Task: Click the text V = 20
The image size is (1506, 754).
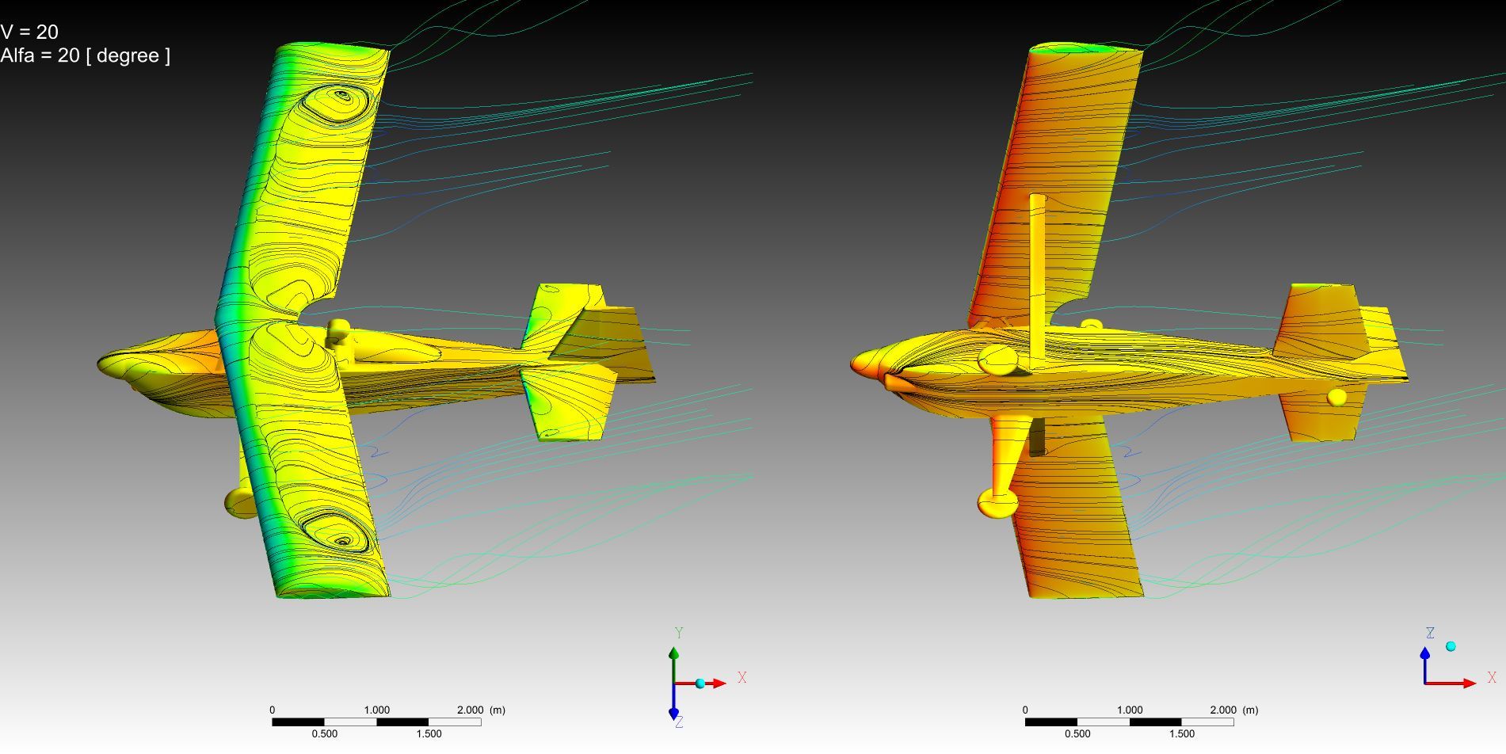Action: click(29, 32)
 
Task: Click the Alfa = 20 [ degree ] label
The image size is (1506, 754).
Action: click(85, 55)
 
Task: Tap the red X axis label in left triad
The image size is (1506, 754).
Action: click(742, 678)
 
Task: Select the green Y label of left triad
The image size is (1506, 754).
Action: click(679, 633)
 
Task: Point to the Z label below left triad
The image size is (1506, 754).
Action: click(680, 722)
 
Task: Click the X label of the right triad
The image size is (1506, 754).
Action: click(1492, 678)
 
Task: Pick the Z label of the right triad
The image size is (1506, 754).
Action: click(1430, 634)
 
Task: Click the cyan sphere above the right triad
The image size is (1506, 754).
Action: click(1451, 646)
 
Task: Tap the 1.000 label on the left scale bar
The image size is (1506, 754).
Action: click(376, 710)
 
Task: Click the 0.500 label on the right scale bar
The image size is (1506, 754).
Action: click(1077, 733)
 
